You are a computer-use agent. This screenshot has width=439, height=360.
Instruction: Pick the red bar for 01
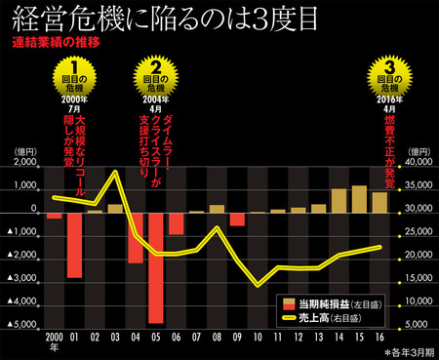[74, 244]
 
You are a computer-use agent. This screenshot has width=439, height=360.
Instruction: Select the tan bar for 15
[358, 199]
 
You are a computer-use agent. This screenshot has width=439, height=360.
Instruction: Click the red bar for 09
[237, 219]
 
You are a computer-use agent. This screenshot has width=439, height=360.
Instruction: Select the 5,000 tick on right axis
[419, 323]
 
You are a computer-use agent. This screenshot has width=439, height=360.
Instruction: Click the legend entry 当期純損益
[322, 303]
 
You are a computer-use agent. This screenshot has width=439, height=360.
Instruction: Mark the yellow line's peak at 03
[115, 172]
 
